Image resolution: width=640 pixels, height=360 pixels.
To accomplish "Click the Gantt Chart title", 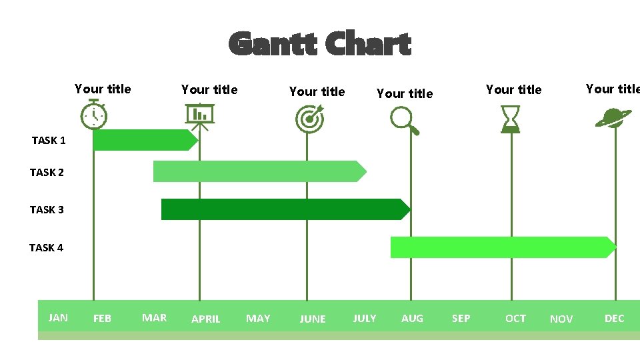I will tap(320, 45).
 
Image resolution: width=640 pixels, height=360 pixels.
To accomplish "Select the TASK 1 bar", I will tap(144, 140).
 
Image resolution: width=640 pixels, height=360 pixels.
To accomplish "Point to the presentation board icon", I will tap(199, 116).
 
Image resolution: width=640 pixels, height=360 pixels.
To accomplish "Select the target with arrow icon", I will tap(309, 118).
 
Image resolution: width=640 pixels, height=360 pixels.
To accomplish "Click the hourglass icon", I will tap(511, 119).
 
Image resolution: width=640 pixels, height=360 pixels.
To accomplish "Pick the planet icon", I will tap(613, 117).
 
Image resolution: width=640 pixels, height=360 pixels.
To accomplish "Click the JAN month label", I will tap(58, 317).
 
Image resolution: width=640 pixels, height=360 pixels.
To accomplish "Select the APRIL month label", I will tap(205, 319).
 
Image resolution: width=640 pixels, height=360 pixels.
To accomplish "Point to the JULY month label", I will tap(364, 319).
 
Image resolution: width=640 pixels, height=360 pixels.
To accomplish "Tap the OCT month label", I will tap(515, 319).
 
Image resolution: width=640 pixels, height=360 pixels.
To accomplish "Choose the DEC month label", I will tap(614, 319).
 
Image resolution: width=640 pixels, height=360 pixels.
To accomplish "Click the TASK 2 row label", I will tap(47, 172).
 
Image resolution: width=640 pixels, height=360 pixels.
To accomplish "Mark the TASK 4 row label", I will tap(46, 247).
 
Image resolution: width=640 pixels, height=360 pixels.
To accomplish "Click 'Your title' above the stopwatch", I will tap(103, 89).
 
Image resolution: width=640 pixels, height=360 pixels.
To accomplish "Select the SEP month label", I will tap(461, 319).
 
